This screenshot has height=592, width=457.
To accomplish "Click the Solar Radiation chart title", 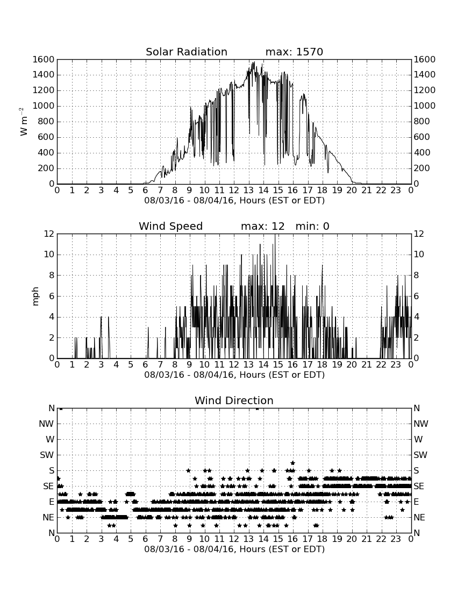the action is [x=186, y=52].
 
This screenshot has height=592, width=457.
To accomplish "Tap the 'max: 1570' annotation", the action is [x=294, y=52].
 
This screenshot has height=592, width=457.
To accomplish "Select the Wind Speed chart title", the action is [x=170, y=226].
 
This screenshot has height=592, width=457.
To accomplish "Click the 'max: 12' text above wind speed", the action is [x=262, y=226].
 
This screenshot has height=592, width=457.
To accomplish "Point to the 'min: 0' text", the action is [x=312, y=226].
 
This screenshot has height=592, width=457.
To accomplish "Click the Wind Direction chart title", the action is [x=234, y=400].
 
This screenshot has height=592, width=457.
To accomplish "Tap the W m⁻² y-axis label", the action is [x=23, y=122].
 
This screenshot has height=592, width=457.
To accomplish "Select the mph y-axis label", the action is [x=35, y=297].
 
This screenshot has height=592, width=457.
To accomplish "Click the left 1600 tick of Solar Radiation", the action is [x=44, y=59].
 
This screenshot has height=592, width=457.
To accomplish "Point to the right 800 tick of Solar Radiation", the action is [x=422, y=122].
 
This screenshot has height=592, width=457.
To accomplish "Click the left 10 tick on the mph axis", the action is [x=49, y=255].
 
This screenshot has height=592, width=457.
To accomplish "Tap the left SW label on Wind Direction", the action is [x=47, y=455].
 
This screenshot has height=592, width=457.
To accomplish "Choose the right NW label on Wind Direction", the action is [x=421, y=424].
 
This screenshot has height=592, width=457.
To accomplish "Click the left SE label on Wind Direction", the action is [x=48, y=487].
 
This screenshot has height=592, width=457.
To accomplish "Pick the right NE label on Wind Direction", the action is [x=419, y=517].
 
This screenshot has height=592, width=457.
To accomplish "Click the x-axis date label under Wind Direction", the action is [x=234, y=549].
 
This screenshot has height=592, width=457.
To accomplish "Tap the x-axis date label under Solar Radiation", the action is [x=234, y=200].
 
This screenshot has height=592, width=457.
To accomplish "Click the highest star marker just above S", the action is [x=292, y=463].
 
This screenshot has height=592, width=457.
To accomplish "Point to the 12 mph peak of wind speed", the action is [x=275, y=235].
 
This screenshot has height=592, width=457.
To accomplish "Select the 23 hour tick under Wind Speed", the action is [x=396, y=364].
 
